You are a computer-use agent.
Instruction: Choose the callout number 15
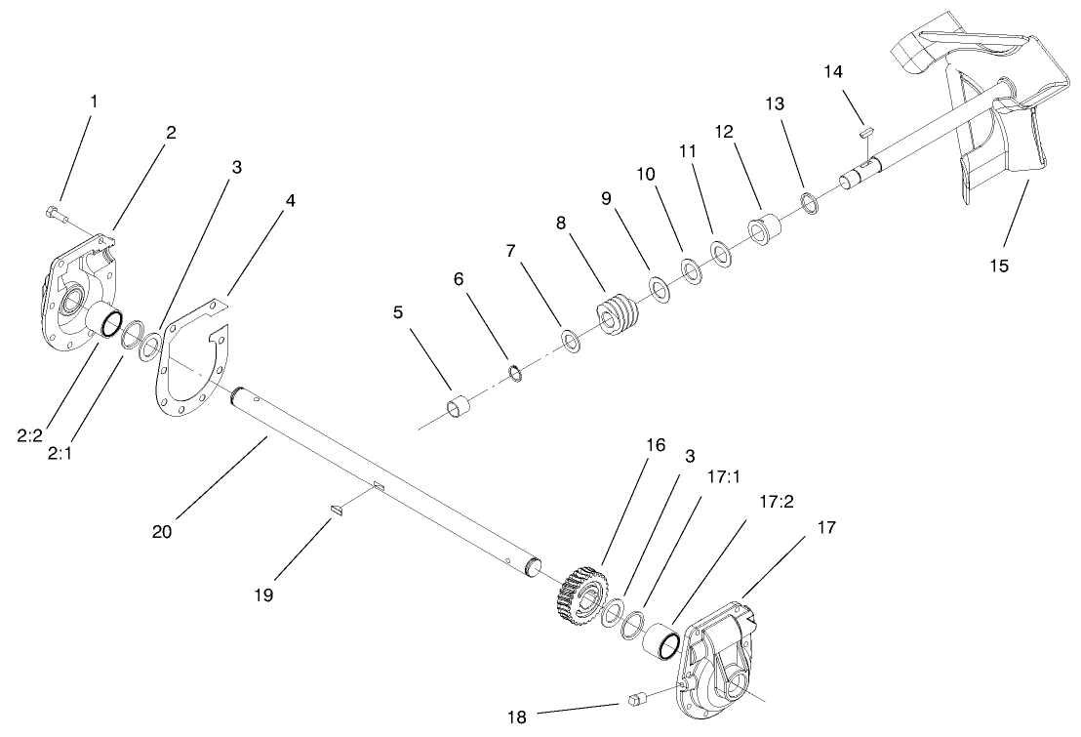coord(1001,265)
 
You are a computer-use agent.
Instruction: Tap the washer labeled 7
coord(570,342)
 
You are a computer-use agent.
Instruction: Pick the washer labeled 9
coord(659,289)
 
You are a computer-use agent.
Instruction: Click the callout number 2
coord(170,133)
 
